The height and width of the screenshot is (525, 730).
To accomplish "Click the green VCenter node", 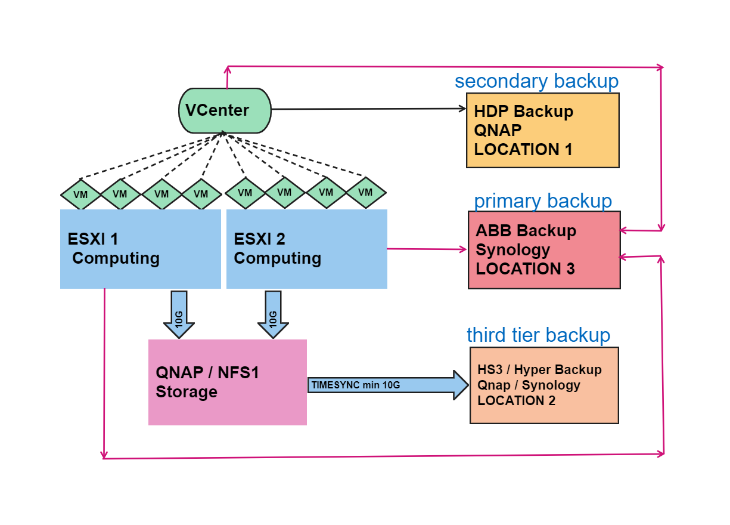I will tap(225, 110).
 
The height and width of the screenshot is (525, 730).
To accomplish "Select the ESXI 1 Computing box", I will tap(141, 249).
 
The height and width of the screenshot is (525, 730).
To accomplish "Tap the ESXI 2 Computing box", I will tap(306, 249).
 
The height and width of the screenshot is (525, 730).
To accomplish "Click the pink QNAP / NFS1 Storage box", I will tap(227, 382).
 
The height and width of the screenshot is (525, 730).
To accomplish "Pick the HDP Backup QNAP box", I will tap(542, 130).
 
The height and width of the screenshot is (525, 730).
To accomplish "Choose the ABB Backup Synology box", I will tap(543, 249).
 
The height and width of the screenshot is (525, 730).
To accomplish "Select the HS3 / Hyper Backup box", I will tap(544, 385).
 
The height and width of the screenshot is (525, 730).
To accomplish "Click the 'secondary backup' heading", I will tap(536, 81).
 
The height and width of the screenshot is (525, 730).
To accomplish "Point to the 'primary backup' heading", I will tap(542, 201).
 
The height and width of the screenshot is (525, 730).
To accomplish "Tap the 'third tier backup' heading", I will tap(538, 335).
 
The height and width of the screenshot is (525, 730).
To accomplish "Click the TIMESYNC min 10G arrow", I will tap(387, 385).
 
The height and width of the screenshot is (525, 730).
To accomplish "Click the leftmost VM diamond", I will tap(80, 194).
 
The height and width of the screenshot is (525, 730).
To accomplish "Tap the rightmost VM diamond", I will tap(366, 192).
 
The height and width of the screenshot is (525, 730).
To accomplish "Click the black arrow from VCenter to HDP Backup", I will tap(366, 109).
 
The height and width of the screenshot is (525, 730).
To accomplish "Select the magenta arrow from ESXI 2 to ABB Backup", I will tap(427, 249).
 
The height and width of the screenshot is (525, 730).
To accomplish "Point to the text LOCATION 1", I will tap(523, 150).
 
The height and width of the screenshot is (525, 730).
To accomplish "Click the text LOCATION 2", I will tap(516, 401).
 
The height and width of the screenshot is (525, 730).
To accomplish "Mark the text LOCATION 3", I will tap(525, 268).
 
